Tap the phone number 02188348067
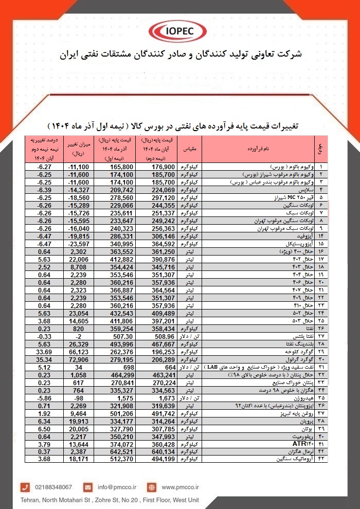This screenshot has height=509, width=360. (x=53, y=486)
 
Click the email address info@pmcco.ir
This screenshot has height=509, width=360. (x=116, y=486)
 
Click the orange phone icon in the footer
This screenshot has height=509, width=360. (x=25, y=486)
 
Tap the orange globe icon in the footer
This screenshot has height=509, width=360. (x=151, y=486)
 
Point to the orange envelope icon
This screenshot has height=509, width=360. (x=88, y=486)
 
